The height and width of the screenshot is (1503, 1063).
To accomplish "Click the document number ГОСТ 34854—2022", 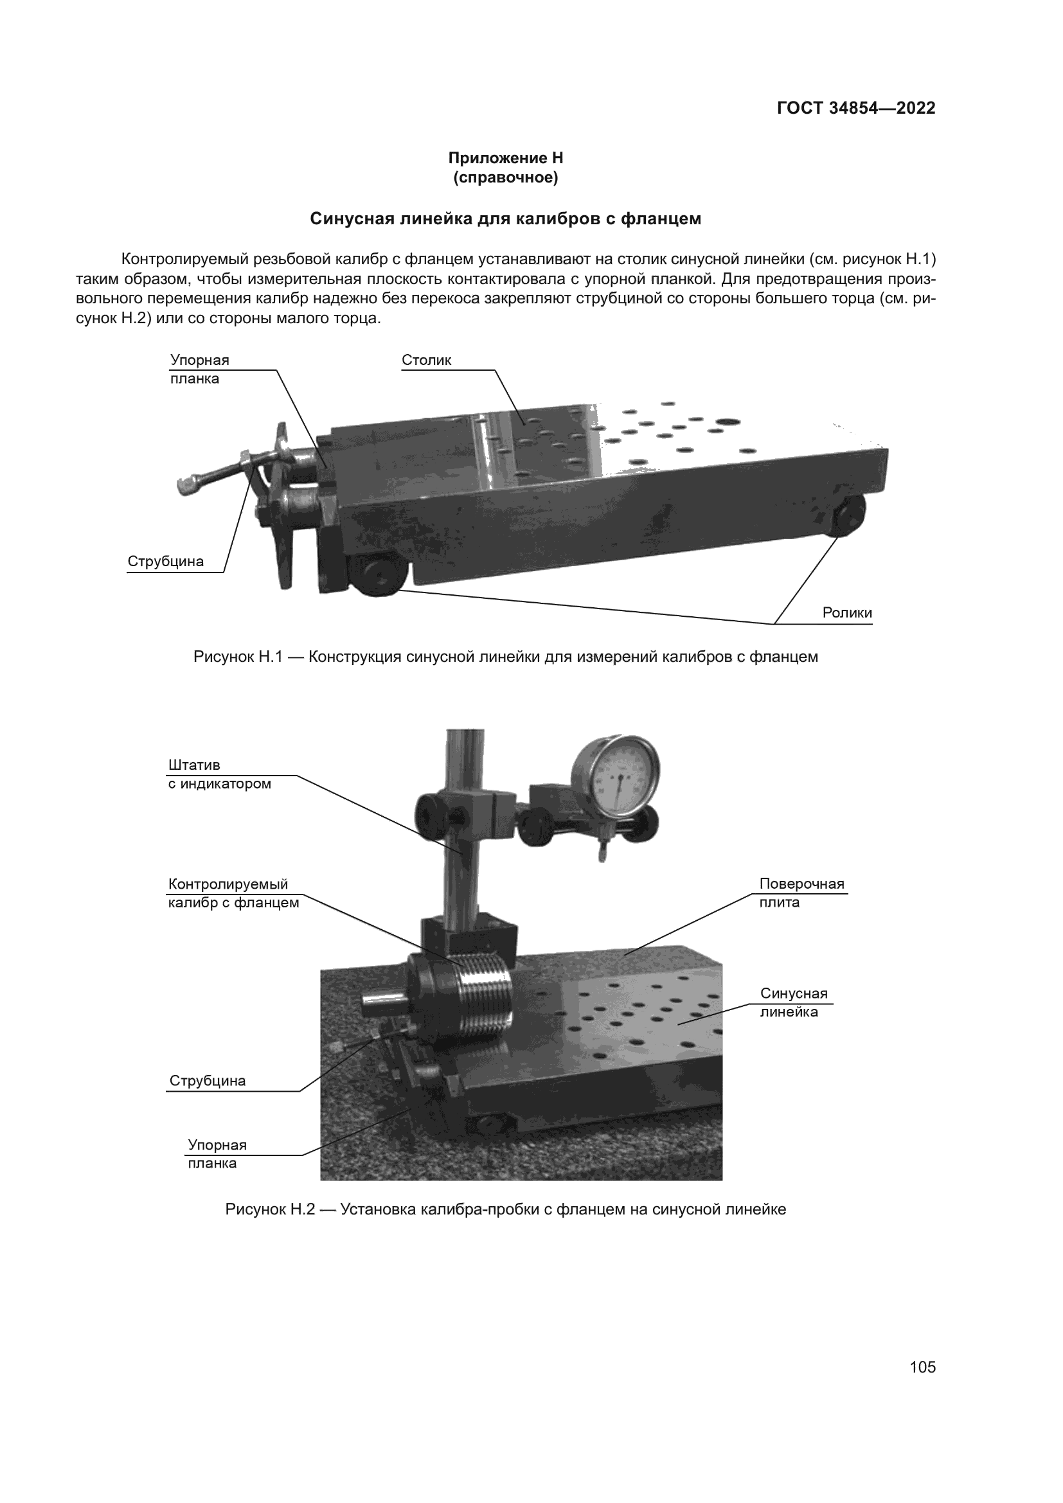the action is pos(856,109).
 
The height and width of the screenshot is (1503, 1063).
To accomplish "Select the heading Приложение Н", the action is pos(505,159).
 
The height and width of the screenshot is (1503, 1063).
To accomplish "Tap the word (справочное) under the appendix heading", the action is pos(505,178).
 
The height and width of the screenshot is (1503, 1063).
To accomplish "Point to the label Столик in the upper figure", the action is pos(427,360).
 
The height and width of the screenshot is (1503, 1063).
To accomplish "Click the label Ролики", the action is pos(847,614).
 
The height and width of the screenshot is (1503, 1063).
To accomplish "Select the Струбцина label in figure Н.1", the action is pos(166,562).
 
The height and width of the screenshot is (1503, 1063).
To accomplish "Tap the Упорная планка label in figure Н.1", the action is pos(200,370).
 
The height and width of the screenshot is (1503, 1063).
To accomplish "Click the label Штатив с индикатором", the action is pos(219,774).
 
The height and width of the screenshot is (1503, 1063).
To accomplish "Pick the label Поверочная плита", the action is pos(802,893).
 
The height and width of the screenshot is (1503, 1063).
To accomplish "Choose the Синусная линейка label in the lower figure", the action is pos(794,1002).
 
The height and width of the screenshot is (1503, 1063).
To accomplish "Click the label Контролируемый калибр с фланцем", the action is pos(234,894).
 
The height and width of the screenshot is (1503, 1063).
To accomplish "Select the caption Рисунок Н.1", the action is pos(505,657).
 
